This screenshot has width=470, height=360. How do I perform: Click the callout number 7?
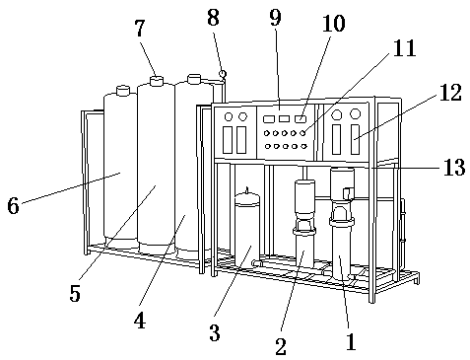140,29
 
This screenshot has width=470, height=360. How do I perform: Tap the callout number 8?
213,18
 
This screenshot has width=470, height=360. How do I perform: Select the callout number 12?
450,92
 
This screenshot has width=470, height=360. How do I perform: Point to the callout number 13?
454,167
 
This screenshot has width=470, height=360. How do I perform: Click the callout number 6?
13,206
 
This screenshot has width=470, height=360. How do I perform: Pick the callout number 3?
215,332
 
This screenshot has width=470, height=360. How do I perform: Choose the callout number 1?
351,342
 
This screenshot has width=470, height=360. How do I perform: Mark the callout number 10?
333,23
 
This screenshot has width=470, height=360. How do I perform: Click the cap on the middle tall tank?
157,81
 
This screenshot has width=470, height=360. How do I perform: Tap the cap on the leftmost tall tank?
123,91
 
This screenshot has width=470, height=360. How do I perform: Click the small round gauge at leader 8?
223,74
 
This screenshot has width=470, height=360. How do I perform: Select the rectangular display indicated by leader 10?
300,118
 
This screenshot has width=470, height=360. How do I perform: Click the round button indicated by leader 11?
303,133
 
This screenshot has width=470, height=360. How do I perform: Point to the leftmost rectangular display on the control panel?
269,119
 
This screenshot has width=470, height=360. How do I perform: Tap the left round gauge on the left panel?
229,116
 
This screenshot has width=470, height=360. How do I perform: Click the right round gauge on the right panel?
355,114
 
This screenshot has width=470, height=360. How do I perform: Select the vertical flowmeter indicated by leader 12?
355,139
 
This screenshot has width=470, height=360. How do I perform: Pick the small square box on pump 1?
348,193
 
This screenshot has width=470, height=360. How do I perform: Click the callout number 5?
75,293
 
